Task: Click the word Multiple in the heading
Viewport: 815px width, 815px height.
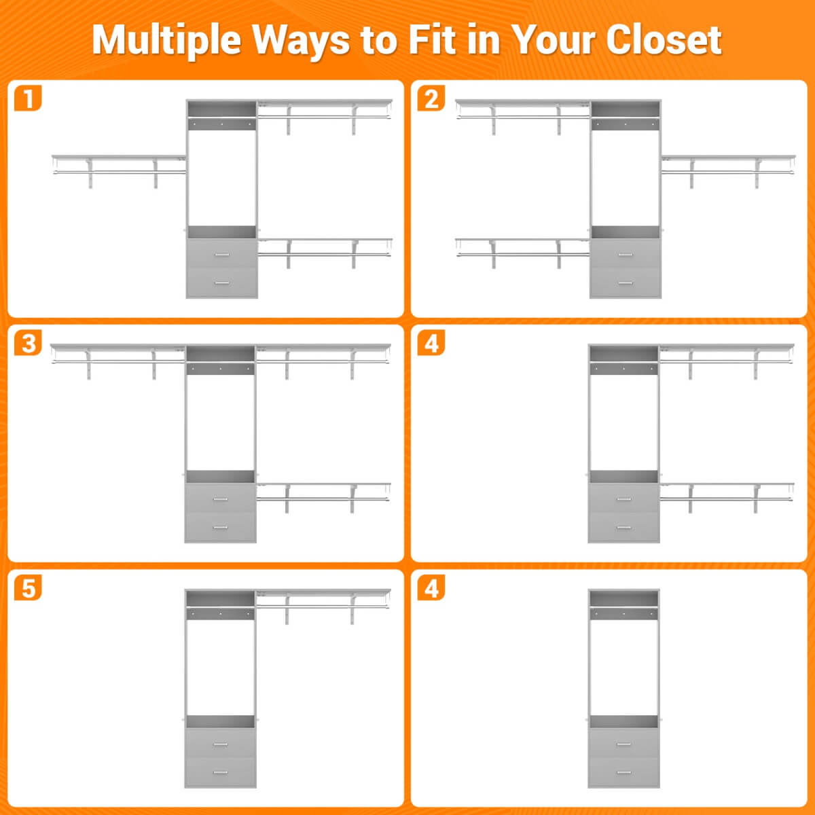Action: [166, 41]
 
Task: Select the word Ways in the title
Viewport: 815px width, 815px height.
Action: [301, 41]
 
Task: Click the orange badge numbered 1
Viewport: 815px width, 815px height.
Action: [28, 98]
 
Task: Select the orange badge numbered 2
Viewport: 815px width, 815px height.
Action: [431, 98]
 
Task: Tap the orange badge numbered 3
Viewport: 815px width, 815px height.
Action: [28, 342]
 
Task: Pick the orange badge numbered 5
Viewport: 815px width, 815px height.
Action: [28, 587]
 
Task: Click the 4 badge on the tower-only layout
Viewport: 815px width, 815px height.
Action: [431, 587]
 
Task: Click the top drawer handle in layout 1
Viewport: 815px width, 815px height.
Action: [222, 255]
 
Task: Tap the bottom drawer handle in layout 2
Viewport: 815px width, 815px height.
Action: [625, 283]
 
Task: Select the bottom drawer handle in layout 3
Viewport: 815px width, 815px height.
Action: [220, 528]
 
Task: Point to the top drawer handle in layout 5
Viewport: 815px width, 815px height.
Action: [220, 744]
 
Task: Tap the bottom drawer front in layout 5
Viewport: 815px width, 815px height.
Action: [220, 772]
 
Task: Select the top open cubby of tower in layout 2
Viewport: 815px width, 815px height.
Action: [625, 109]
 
